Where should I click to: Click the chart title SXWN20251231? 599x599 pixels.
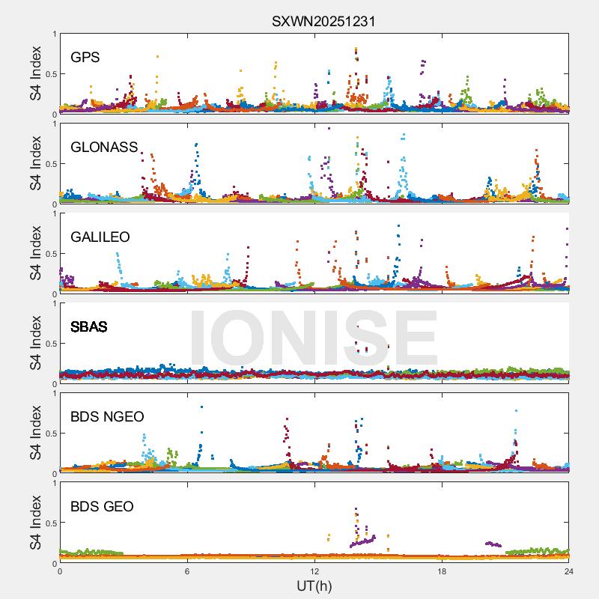pyautogui.click(x=323, y=21)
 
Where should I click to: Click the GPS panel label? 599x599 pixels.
pyautogui.click(x=85, y=58)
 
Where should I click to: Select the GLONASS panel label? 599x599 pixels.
pyautogui.click(x=104, y=148)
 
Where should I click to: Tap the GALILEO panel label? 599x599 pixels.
pyautogui.click(x=100, y=237)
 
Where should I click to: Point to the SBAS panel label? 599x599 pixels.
pyautogui.click(x=88, y=327)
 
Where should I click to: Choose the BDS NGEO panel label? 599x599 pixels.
pyautogui.click(x=107, y=417)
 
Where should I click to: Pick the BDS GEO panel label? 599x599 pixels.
pyautogui.click(x=102, y=507)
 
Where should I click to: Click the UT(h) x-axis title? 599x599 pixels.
pyautogui.click(x=314, y=585)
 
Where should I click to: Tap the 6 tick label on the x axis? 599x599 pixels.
pyautogui.click(x=187, y=571)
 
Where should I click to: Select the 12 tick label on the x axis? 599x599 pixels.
pyautogui.click(x=314, y=571)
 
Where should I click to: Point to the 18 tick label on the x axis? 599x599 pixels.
pyautogui.click(x=442, y=571)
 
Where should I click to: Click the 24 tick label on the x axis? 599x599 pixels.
pyautogui.click(x=569, y=571)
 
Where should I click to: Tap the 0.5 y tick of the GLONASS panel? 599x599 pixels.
pyautogui.click(x=49, y=164)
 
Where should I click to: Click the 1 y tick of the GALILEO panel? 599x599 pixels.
pyautogui.click(x=54, y=213)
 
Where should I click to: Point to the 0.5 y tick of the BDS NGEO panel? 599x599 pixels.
pyautogui.click(x=49, y=434)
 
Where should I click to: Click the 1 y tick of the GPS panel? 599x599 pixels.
pyautogui.click(x=54, y=34)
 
